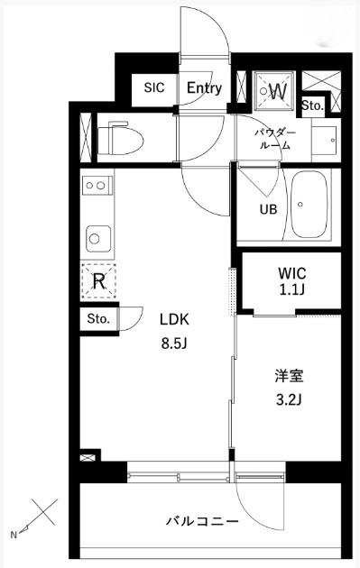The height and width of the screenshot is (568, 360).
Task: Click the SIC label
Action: [x=154, y=87]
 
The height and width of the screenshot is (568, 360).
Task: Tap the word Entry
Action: [x=205, y=88]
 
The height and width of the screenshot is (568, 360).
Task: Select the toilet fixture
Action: [x=120, y=140]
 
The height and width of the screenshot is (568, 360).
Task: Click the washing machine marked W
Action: [x=273, y=91]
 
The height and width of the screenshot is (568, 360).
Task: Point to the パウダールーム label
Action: [x=275, y=139]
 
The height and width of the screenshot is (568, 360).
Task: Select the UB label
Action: [x=268, y=209]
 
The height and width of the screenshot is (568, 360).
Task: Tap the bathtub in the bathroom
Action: [x=310, y=205]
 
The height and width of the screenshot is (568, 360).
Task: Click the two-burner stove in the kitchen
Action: [x=97, y=186]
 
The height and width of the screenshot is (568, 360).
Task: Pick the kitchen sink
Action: [x=98, y=239]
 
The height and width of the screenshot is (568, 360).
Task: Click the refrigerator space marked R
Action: [x=98, y=281]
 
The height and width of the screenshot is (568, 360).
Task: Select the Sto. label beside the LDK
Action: [x=98, y=319]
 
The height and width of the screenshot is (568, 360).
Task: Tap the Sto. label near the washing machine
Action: [x=312, y=105]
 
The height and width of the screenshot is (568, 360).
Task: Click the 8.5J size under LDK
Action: [x=174, y=344]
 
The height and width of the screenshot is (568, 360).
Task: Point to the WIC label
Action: [x=291, y=273]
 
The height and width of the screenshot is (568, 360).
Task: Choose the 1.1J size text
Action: [x=291, y=290]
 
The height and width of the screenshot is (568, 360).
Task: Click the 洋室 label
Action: [x=289, y=376]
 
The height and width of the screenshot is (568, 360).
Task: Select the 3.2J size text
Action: [x=290, y=399]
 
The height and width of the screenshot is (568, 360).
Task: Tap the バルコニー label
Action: [x=202, y=521]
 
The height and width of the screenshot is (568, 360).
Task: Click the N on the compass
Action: [x=14, y=535]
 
